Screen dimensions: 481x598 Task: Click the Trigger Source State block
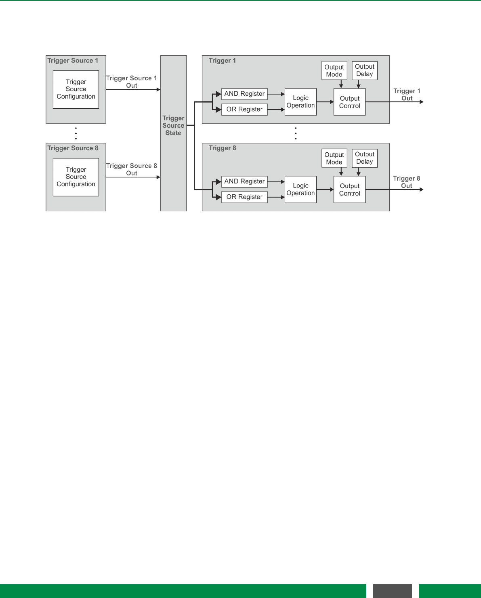click(x=174, y=133)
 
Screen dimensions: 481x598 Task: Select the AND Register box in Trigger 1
click(x=244, y=94)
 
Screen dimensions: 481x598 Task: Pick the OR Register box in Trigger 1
click(x=244, y=109)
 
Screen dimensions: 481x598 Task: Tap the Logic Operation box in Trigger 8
click(x=300, y=190)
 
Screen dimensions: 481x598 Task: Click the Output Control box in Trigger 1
click(x=349, y=102)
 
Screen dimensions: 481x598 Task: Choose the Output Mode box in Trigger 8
click(x=334, y=158)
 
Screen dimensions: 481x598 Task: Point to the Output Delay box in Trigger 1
click(x=364, y=70)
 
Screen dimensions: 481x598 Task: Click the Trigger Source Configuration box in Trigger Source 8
click(x=76, y=177)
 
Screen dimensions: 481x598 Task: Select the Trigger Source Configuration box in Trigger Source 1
click(x=76, y=89)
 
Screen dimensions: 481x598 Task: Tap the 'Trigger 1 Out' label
click(x=407, y=95)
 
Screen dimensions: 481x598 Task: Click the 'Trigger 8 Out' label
click(x=406, y=182)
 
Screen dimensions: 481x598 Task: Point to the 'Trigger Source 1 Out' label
click(x=131, y=82)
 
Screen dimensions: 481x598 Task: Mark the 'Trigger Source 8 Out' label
click(x=131, y=169)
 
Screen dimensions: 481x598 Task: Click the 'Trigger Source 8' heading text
click(x=73, y=148)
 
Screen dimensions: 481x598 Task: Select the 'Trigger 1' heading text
click(x=222, y=61)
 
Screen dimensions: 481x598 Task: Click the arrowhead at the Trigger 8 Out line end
click(x=422, y=190)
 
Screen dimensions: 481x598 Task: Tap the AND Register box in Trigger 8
click(x=244, y=181)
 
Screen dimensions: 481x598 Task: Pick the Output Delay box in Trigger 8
click(x=364, y=158)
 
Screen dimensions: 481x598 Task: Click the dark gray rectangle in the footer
click(x=392, y=591)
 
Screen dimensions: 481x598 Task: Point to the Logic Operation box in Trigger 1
click(x=300, y=102)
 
